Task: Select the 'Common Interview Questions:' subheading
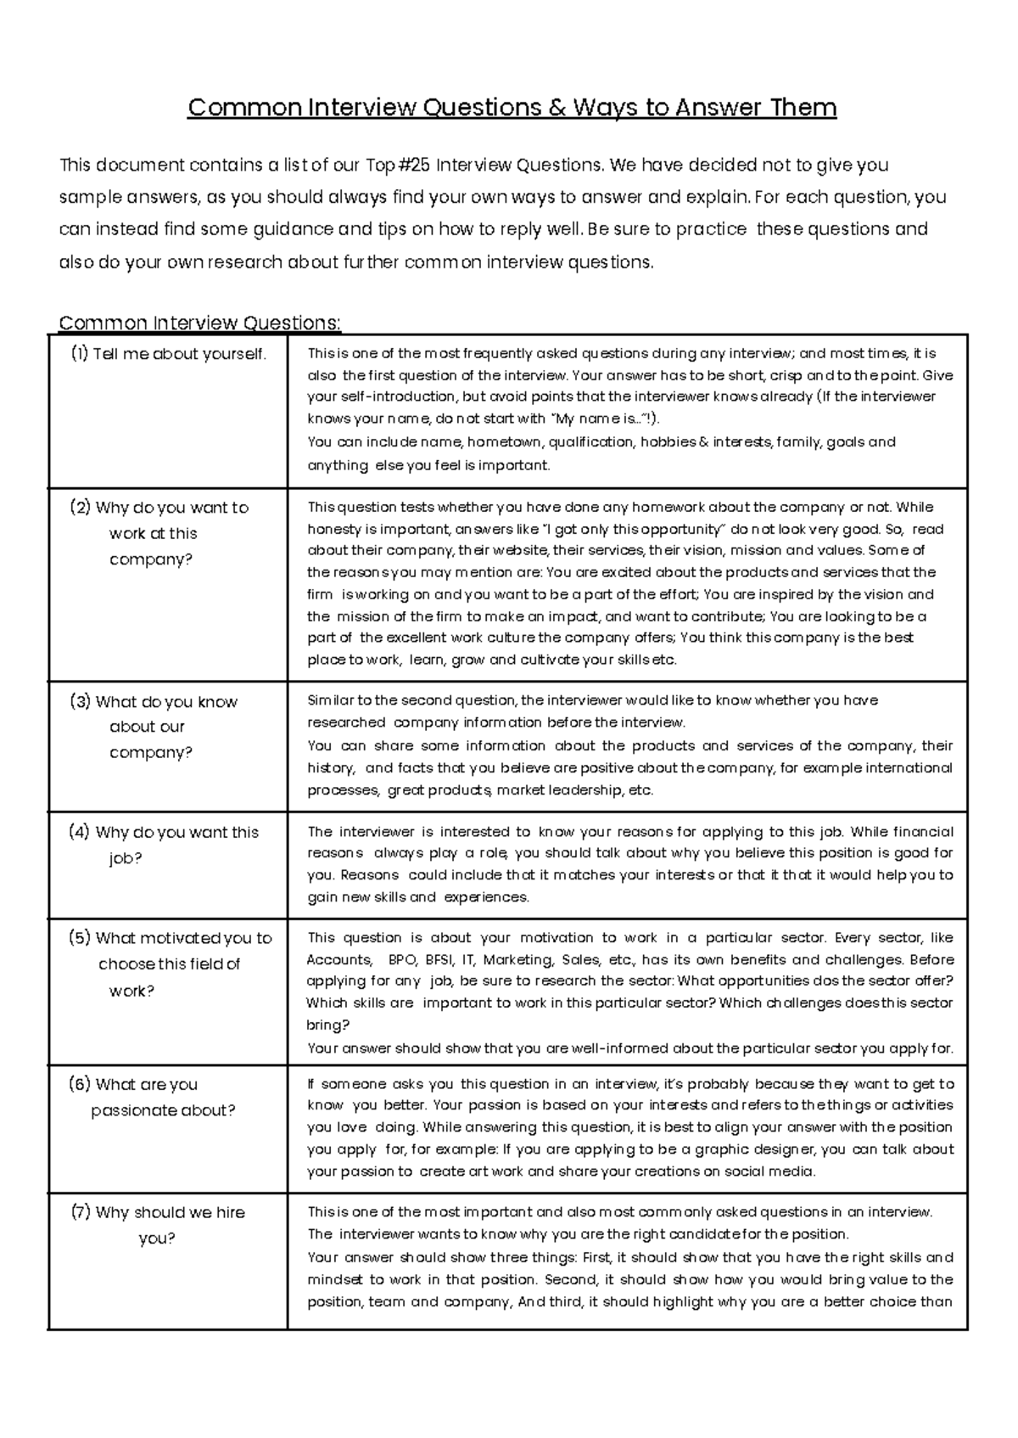pyautogui.click(x=199, y=323)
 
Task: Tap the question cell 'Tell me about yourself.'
pyautogui.click(x=169, y=354)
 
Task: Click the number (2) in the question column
pyautogui.click(x=80, y=508)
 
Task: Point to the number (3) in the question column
pyautogui.click(x=80, y=701)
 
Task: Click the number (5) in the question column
pyautogui.click(x=80, y=938)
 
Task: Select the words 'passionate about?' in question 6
pyautogui.click(x=163, y=1110)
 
